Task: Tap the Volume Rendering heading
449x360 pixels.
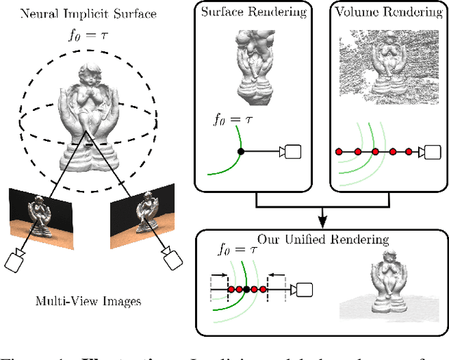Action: (380, 12)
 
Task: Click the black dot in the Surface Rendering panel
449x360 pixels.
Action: (241, 151)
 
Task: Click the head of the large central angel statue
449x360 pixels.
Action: (91, 74)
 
